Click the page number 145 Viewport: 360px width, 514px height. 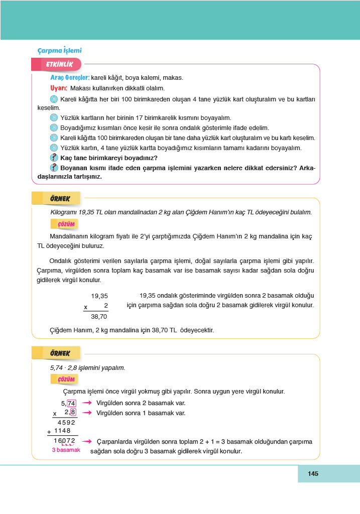(313, 474)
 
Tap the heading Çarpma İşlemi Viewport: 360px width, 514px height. (59, 50)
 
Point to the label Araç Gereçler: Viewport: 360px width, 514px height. (70, 78)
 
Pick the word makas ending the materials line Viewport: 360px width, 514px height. (173, 78)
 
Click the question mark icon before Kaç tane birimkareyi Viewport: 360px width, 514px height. (54, 158)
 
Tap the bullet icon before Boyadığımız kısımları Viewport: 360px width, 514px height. (54, 127)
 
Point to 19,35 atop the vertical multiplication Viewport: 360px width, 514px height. (99, 296)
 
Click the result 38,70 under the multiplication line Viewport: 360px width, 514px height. (99, 317)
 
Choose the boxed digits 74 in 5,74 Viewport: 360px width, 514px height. (71, 403)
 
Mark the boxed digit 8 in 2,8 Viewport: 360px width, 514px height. (73, 413)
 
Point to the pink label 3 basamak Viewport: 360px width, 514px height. (66, 450)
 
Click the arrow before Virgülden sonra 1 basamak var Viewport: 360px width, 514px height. (87, 413)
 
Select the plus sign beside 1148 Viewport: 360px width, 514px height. (49, 431)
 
